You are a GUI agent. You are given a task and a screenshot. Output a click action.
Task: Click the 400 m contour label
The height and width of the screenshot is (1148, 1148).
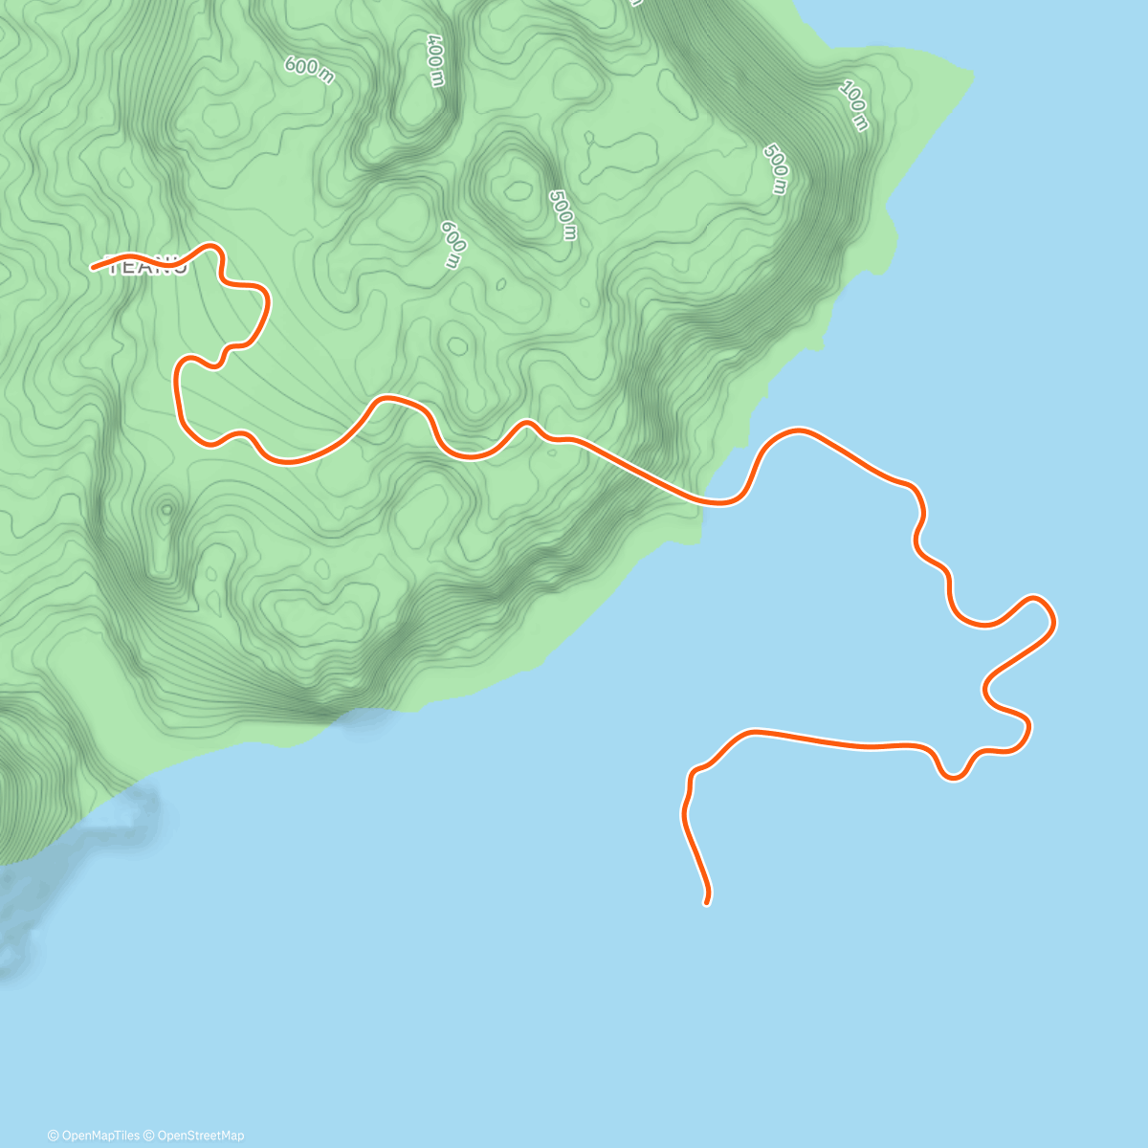click(x=435, y=60)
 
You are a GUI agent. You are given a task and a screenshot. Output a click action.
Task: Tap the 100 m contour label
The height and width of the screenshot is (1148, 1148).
click(x=854, y=105)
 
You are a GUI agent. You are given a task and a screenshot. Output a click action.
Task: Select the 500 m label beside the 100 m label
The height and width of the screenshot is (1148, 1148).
click(x=776, y=168)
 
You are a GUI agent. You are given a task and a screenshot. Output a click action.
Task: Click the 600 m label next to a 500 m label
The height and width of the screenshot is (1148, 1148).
click(x=453, y=244)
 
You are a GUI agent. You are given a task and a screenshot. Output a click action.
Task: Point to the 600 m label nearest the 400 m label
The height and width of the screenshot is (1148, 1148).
click(x=309, y=69)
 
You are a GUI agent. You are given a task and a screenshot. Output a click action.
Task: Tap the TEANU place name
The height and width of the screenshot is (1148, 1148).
click(x=148, y=267)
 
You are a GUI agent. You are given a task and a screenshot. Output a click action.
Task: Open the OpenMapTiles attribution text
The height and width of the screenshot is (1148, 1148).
click(x=94, y=1136)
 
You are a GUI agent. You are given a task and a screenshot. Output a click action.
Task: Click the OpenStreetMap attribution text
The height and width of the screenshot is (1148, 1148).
click(x=197, y=1136)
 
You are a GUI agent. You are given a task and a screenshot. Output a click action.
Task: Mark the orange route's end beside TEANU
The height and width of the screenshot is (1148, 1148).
click(x=94, y=268)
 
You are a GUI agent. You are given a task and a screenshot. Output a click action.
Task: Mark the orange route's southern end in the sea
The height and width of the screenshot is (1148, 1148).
click(x=706, y=901)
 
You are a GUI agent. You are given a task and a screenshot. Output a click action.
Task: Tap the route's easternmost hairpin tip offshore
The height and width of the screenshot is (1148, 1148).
click(x=1051, y=620)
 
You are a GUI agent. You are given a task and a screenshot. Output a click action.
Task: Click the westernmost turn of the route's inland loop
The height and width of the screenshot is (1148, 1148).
click(x=177, y=383)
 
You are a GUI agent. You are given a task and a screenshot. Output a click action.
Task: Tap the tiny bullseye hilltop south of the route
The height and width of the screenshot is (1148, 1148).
click(x=167, y=509)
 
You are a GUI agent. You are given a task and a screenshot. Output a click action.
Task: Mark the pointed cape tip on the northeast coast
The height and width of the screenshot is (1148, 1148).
click(x=972, y=75)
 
